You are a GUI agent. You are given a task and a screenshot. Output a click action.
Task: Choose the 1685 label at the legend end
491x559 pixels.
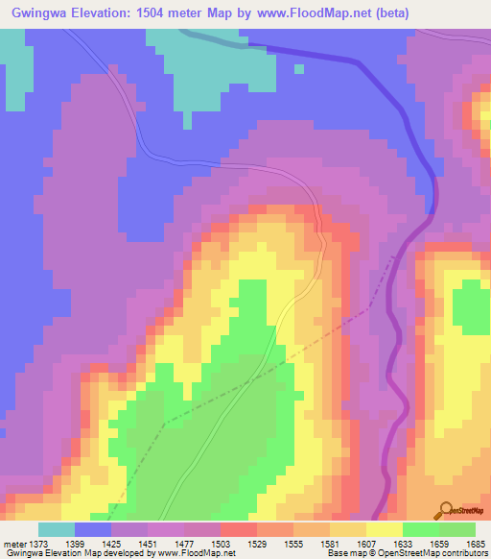[476, 545]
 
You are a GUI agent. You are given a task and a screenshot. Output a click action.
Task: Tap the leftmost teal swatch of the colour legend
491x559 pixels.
[56, 529]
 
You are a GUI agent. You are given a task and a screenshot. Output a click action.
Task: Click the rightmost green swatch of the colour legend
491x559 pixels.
[457, 529]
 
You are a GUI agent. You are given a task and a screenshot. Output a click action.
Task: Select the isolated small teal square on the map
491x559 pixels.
[299, 68]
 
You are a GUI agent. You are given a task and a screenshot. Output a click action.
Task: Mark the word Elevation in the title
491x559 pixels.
[116, 13]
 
